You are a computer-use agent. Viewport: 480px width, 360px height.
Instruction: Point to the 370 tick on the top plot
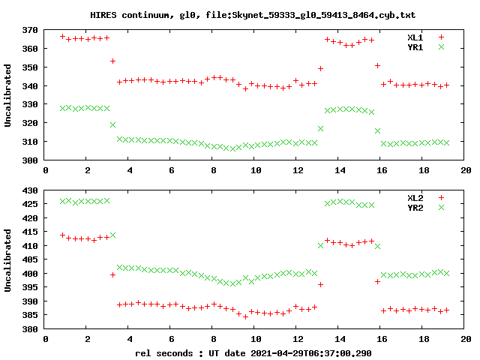click(x=30, y=30)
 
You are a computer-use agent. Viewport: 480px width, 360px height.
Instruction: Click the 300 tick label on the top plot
click(x=30, y=160)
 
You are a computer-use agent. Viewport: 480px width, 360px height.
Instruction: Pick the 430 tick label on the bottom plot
click(x=30, y=190)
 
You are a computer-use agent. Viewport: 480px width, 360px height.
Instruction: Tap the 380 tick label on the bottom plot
click(x=30, y=329)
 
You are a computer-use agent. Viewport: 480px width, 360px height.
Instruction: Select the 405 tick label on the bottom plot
click(x=30, y=259)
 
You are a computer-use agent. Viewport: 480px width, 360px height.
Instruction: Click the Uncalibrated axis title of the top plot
click(x=8, y=95)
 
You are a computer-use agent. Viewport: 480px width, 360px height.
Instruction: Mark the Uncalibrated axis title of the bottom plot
click(x=8, y=259)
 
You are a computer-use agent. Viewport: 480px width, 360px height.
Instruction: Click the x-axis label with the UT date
click(x=253, y=352)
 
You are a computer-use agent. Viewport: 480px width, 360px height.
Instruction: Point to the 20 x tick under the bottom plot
click(x=466, y=340)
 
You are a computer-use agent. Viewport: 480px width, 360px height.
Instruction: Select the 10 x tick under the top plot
click(x=256, y=171)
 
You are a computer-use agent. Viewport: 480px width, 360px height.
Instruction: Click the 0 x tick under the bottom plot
click(x=46, y=340)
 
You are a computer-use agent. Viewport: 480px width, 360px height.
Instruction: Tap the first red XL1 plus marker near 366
click(x=62, y=36)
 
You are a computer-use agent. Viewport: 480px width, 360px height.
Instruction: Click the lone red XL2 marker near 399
click(x=112, y=274)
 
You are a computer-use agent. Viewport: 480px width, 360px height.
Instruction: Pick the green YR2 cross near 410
click(x=320, y=245)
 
